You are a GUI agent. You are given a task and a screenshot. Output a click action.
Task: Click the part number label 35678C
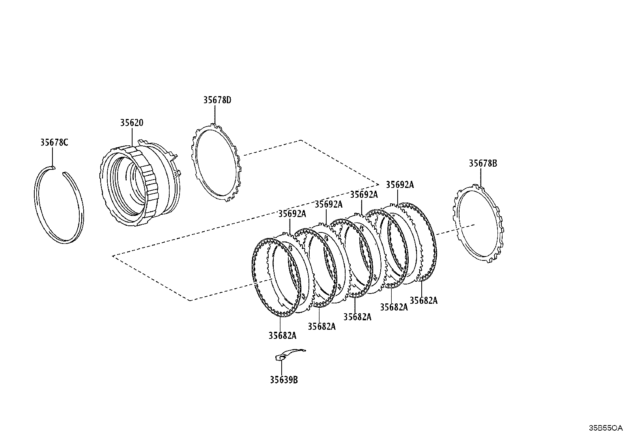[54, 143]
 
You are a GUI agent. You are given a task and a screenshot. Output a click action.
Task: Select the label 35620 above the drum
[132, 123]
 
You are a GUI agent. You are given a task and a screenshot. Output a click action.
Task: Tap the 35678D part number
[217, 100]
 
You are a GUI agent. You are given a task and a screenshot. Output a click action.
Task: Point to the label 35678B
[483, 164]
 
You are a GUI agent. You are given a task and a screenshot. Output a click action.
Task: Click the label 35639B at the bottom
[284, 380]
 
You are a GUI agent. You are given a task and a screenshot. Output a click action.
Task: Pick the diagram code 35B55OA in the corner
[606, 427]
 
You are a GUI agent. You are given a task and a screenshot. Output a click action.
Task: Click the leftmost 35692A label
[292, 214]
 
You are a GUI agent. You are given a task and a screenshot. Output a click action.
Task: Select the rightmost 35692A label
[400, 185]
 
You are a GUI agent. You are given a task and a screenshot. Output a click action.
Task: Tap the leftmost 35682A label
[282, 335]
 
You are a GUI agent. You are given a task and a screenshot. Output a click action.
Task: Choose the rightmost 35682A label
[424, 301]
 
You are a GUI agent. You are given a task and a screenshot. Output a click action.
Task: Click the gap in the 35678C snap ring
[58, 170]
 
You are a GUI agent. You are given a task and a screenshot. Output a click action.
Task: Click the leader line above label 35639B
[282, 366]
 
